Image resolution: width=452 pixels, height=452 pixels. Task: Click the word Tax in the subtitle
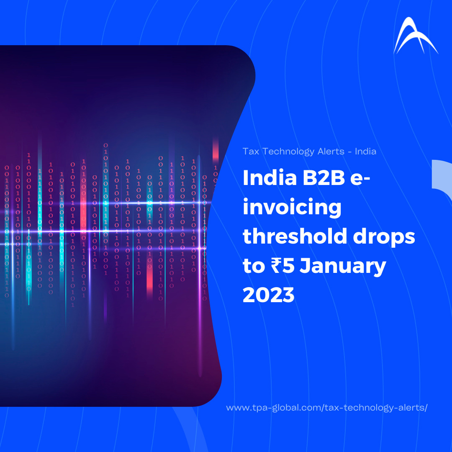pos(251,152)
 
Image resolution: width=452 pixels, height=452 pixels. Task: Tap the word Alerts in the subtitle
pos(331,152)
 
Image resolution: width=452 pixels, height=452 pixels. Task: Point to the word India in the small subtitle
pos(365,151)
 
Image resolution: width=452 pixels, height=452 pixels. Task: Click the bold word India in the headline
pos(270,177)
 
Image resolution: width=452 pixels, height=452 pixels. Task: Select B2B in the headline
pos(324,178)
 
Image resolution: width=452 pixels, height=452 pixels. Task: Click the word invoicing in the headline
pos(292,208)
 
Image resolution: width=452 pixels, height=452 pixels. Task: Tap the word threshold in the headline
pos(295,236)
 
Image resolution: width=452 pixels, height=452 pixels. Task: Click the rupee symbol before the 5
pos(276,265)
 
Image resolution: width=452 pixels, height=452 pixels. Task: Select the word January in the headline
pos(343,266)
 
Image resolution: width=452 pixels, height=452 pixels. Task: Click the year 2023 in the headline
pos(268,295)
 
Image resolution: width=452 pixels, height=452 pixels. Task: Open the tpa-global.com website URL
pos(326,408)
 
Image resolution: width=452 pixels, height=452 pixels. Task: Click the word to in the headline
pos(254,266)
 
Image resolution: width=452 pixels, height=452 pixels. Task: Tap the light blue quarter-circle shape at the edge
pos(442,179)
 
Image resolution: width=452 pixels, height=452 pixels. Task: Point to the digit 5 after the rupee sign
pos(288,265)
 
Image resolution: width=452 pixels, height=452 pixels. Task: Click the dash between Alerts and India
pos(349,152)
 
